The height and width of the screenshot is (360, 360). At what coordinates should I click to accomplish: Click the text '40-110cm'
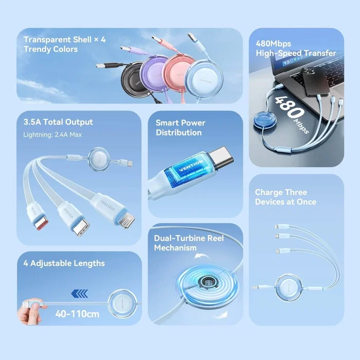click(x=77, y=314)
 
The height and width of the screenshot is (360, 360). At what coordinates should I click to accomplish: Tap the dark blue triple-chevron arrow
click(x=79, y=294)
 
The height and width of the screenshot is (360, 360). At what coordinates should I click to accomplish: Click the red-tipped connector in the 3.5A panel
click(x=41, y=223)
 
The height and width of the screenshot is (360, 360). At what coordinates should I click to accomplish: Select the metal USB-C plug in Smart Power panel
click(x=222, y=157)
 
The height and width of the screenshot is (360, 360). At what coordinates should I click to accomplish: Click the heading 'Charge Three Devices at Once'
click(x=285, y=197)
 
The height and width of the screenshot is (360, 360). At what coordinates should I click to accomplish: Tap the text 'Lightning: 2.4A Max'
click(x=52, y=135)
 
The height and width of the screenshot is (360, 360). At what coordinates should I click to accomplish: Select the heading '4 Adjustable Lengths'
click(x=64, y=263)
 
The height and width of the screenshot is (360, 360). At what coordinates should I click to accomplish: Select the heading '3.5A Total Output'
click(x=58, y=122)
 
